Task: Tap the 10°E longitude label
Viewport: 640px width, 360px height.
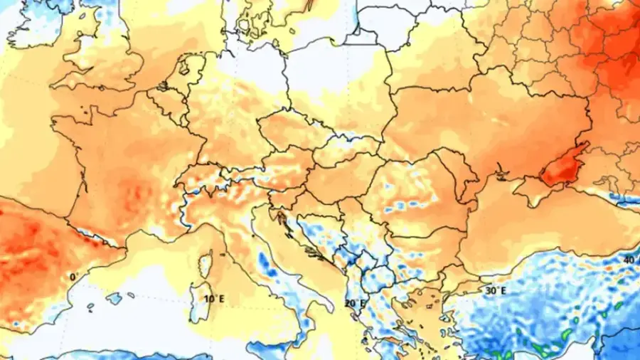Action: tap(211, 299)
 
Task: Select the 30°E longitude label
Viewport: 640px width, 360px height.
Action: tap(496, 290)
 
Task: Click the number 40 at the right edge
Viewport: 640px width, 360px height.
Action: tap(630, 260)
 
